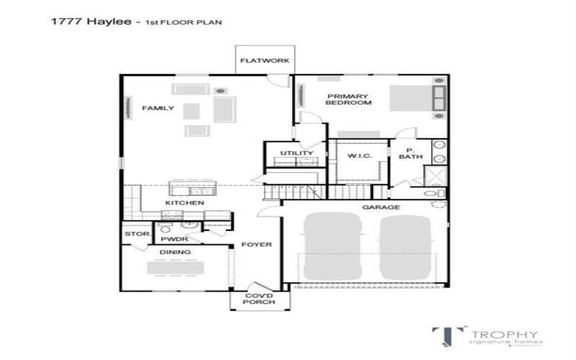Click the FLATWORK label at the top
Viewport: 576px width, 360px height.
tap(265, 60)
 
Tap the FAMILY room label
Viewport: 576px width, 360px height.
tap(158, 108)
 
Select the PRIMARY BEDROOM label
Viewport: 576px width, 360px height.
tap(349, 99)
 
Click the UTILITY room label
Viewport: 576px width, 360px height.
tap(296, 153)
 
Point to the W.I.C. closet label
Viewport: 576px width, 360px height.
tap(358, 156)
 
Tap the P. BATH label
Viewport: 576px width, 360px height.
tap(410, 153)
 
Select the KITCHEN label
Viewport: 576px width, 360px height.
tap(184, 203)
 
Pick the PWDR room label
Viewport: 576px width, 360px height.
tap(174, 238)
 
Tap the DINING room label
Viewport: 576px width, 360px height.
tap(174, 252)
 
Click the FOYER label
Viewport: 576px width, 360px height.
tap(256, 245)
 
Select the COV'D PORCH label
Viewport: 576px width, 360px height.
tap(260, 299)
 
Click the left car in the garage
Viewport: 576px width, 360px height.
tap(330, 246)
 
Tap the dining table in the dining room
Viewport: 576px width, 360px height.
tap(174, 267)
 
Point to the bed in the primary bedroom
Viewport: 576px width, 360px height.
tap(415, 97)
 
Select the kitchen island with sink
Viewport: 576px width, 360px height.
tap(192, 189)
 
